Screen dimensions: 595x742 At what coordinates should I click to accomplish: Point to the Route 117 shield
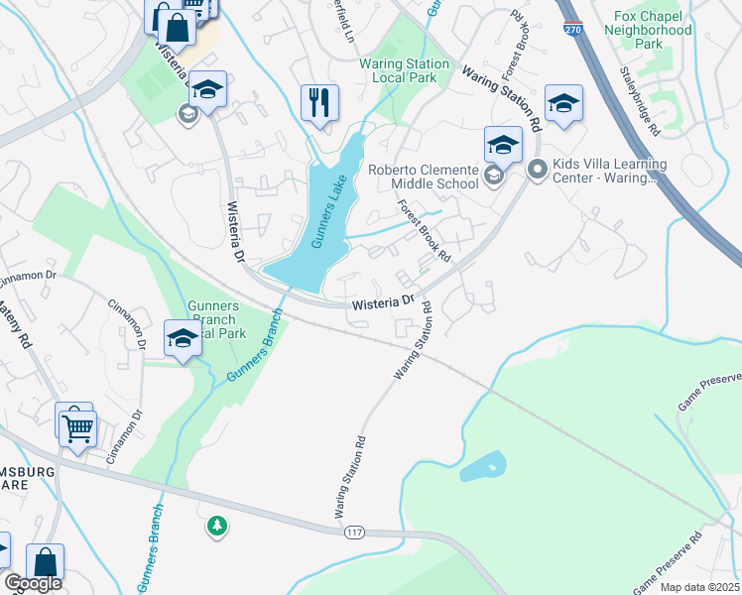coord(354,534)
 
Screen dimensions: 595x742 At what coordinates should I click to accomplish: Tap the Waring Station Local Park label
coord(404,71)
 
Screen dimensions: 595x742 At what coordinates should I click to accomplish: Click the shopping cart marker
coord(76,428)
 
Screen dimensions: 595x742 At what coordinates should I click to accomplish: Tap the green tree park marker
coord(216,526)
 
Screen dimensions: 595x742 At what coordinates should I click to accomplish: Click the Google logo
coord(32,584)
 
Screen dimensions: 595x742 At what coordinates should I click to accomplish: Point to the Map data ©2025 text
coord(699,587)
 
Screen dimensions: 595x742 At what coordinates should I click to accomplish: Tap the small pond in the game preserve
coord(483,467)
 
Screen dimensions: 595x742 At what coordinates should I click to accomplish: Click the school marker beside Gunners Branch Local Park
coord(183,339)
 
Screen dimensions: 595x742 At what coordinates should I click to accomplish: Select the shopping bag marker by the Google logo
coord(45,561)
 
